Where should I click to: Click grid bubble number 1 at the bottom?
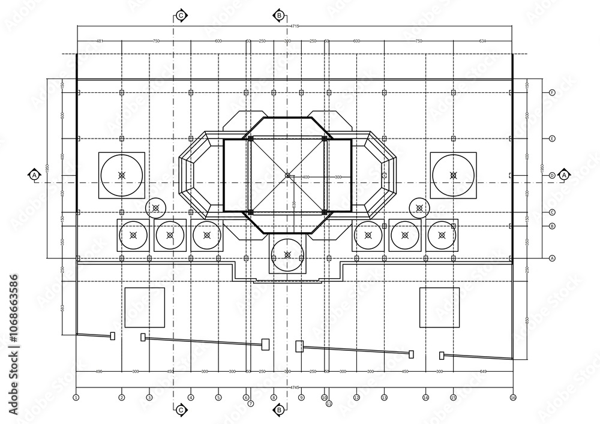click(x=76, y=397)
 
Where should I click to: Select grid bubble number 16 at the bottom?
click(x=513, y=397)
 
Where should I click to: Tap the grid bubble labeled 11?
click(x=329, y=404)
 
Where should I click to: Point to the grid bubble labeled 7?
click(x=251, y=404)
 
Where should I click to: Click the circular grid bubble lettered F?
click(x=552, y=92)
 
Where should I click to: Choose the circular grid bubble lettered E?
click(x=552, y=139)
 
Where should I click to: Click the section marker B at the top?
click(x=279, y=15)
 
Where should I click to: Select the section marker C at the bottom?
click(x=181, y=410)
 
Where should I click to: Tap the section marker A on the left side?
click(x=34, y=175)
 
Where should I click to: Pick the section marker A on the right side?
click(x=564, y=175)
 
